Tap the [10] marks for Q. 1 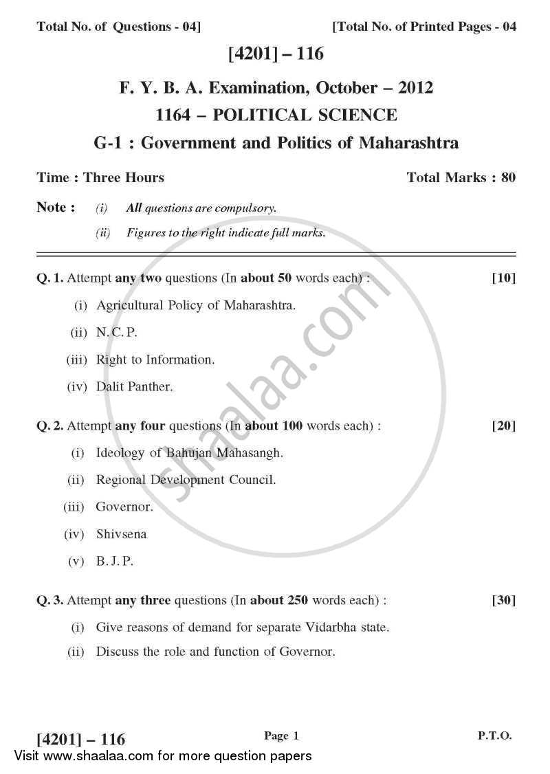point(503,278)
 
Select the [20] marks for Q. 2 point(503,426)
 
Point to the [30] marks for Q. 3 point(503,601)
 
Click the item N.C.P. point(117,332)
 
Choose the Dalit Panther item point(134,386)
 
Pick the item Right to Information point(155,360)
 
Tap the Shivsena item point(121,534)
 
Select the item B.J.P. point(114,561)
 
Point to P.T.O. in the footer point(495,735)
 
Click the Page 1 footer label point(282,736)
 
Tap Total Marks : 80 point(461,178)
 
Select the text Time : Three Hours point(100,178)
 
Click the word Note point(52,208)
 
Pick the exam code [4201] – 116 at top point(275,54)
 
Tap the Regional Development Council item point(186,480)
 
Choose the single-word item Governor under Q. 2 point(124,507)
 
